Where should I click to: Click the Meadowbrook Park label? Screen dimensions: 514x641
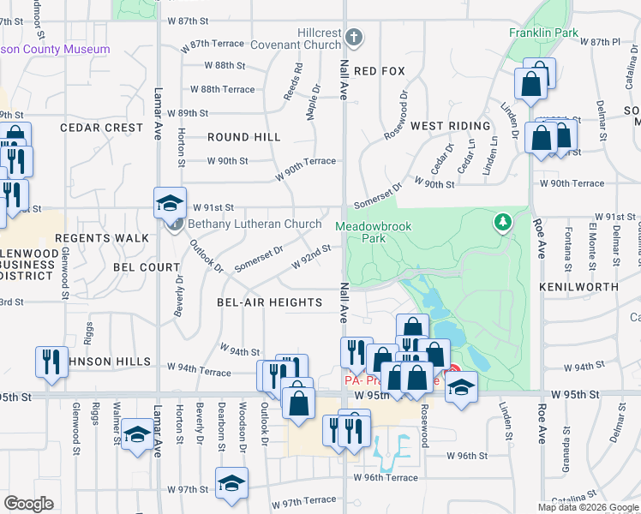pyautogui.click(x=373, y=232)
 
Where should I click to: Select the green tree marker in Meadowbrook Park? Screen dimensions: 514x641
pyautogui.click(x=503, y=223)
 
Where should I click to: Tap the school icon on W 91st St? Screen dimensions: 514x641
pyautogui.click(x=171, y=204)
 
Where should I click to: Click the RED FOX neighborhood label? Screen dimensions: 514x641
pyautogui.click(x=379, y=70)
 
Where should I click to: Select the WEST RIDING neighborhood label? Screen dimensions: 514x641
pyautogui.click(x=450, y=126)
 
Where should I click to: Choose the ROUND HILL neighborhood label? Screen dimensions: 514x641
pyautogui.click(x=243, y=137)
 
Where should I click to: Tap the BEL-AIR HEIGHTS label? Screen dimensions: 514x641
pyautogui.click(x=269, y=302)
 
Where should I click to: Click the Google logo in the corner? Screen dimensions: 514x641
pyautogui.click(x=29, y=503)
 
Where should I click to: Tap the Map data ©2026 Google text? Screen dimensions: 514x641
pyautogui.click(x=589, y=507)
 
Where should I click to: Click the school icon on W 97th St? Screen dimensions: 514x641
pyautogui.click(x=231, y=484)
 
